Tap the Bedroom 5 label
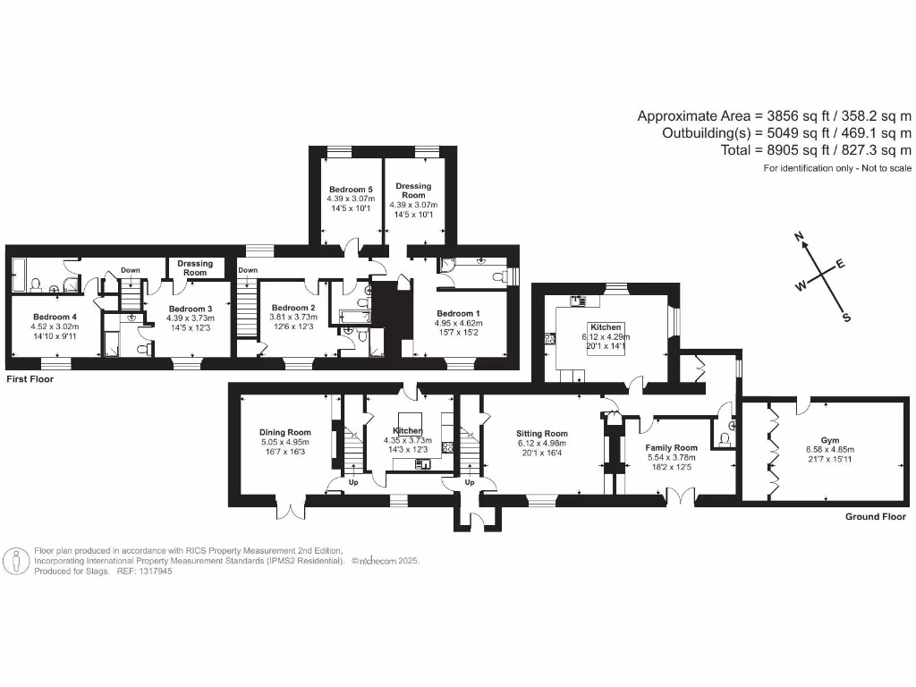pos(351,190)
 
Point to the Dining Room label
pos(284,432)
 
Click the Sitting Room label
pos(542,434)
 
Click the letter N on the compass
pos(800,237)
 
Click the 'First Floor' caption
pos(30,379)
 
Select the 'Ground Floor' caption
pos(876,517)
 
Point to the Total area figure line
pos(816,150)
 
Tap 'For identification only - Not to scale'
pos(837,168)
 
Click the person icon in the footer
pos(16,561)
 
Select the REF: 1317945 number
pos(145,571)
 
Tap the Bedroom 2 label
pos(294,308)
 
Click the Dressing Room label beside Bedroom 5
pos(413,191)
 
